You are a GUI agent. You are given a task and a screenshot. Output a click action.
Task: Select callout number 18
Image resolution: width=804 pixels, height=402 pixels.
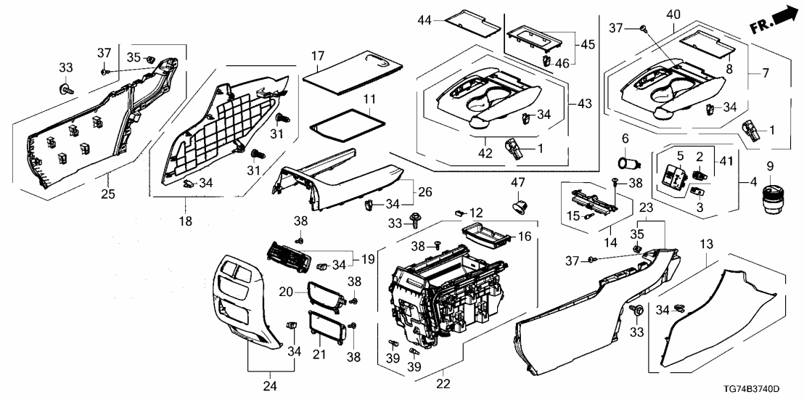pyautogui.click(x=186, y=221)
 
